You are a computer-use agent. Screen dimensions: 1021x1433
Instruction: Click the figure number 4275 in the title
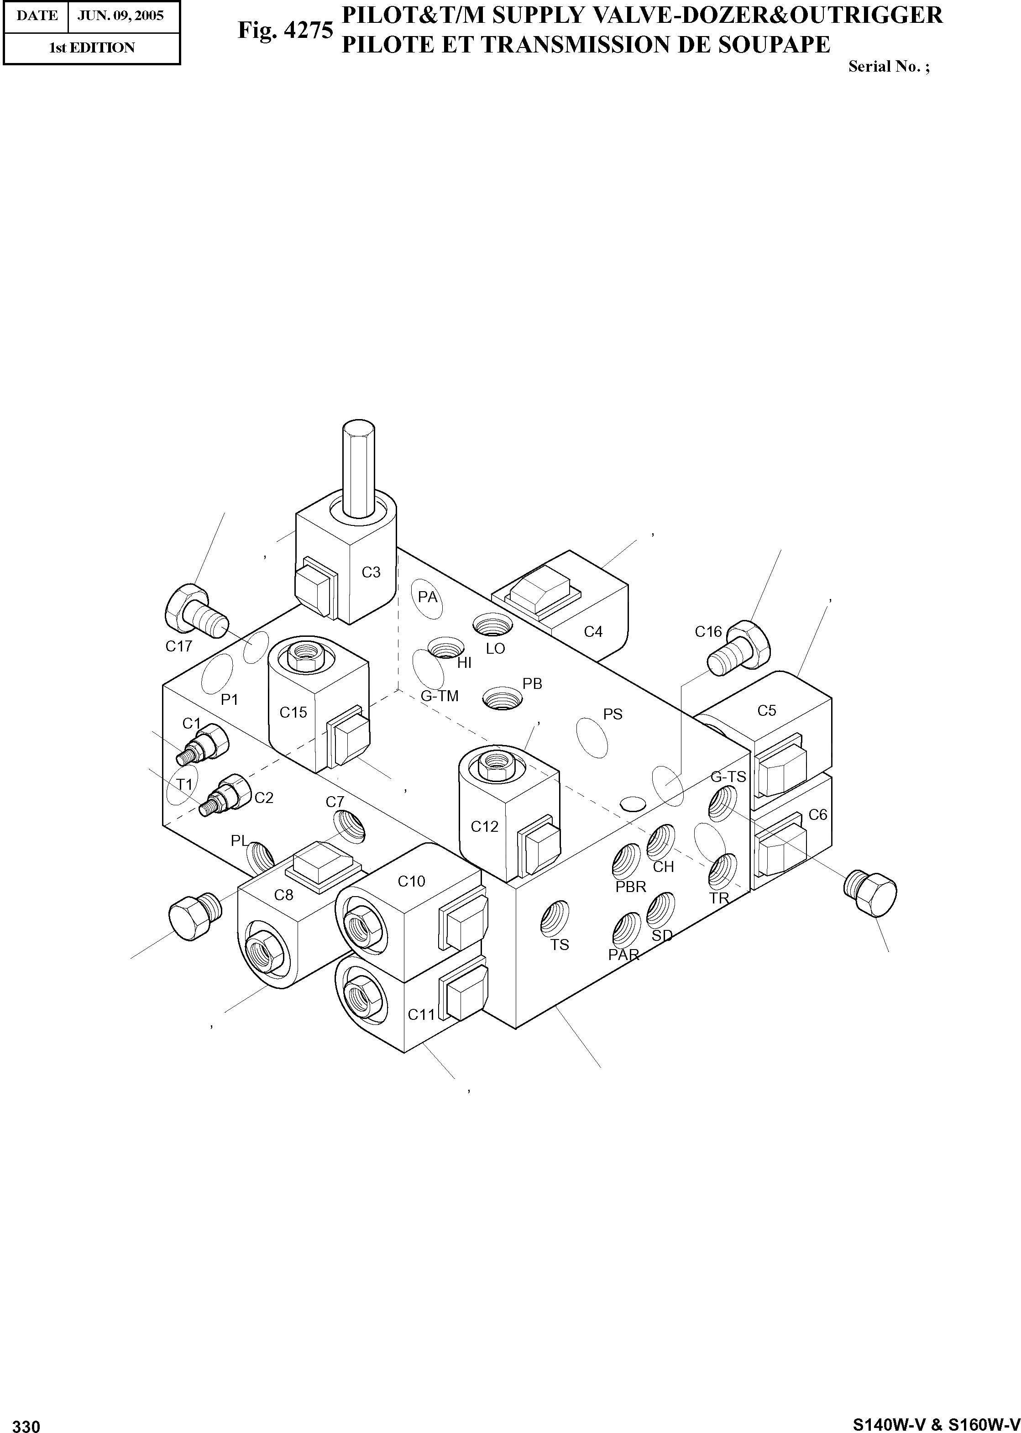309,30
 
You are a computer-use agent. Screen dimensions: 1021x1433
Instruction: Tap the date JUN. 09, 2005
120,16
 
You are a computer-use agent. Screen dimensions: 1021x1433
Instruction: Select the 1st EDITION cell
92,48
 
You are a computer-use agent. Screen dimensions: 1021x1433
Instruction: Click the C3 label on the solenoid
372,572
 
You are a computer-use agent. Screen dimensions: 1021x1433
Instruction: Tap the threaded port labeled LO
493,625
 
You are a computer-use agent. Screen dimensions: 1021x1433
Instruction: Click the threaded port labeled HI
446,646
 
